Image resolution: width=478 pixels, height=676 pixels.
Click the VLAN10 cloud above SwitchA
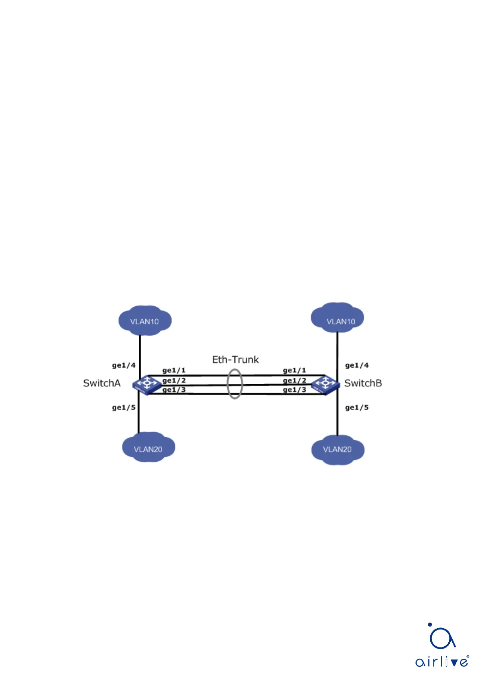pos(145,321)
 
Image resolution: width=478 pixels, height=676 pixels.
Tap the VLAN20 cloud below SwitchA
pos(148,448)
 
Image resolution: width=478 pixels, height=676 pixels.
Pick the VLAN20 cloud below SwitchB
pos(338,450)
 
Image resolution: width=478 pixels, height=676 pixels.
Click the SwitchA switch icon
pos(146,385)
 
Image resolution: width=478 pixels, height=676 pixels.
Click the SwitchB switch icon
pos(325,385)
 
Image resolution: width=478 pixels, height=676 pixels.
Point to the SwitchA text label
pos(102,383)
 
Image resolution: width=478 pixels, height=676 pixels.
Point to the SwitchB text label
pos(363,383)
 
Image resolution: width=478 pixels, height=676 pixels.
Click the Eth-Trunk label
pos(236,360)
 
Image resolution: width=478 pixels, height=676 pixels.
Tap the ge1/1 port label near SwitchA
pos(174,370)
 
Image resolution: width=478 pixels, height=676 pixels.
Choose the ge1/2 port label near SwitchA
pos(174,380)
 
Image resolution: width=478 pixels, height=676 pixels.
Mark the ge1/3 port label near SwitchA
pos(174,389)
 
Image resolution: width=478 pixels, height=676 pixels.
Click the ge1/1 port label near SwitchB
pos(295,370)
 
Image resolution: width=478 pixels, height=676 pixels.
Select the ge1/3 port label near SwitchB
pos(295,389)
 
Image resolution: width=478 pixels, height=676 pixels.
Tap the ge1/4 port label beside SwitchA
pos(124,365)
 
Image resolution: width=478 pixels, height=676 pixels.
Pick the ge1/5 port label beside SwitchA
pos(124,407)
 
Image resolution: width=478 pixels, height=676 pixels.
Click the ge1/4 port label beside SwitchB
pos(357,365)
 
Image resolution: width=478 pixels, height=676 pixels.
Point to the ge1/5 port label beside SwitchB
pos(357,407)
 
